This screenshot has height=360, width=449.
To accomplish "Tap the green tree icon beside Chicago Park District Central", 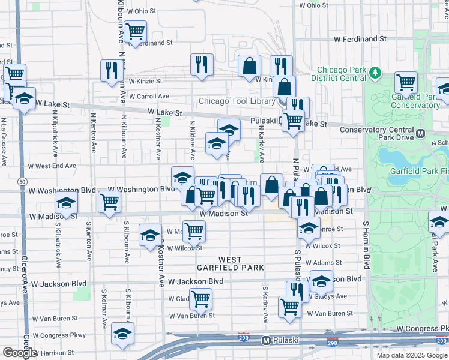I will point(376,73).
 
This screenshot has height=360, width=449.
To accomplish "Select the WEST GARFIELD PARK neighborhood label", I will point(230,263).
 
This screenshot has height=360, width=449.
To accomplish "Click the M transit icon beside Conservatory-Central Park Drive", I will point(421,133).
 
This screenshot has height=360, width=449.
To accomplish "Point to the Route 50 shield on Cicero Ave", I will point(22,181).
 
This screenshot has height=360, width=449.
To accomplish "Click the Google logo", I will point(19,353).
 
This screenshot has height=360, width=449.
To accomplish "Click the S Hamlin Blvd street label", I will point(365,244).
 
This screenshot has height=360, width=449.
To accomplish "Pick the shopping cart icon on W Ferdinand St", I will point(136,29).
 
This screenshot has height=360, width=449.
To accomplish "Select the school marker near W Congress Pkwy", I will point(122,333).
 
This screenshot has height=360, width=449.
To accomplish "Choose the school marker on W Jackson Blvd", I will point(321,280).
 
